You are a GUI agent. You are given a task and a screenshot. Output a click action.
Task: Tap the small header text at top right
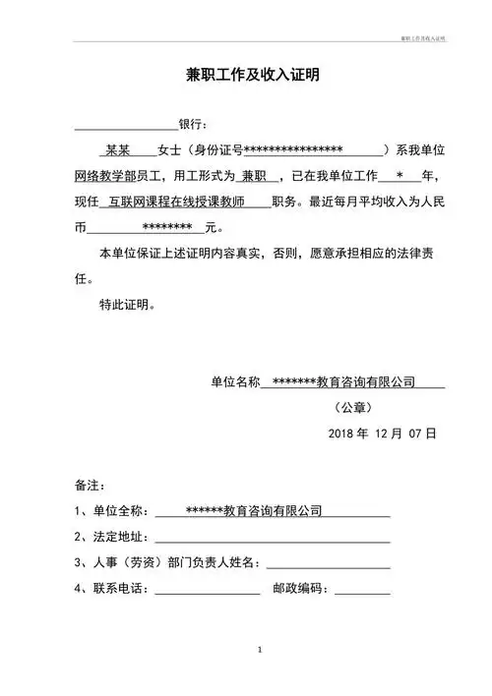click(x=422, y=36)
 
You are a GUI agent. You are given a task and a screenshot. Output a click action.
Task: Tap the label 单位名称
click(x=235, y=381)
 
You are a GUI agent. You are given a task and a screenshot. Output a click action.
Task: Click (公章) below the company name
click(x=353, y=407)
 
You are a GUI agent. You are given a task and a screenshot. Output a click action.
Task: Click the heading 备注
click(x=90, y=486)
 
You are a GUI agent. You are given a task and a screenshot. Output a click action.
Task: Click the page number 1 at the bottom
click(x=258, y=651)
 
